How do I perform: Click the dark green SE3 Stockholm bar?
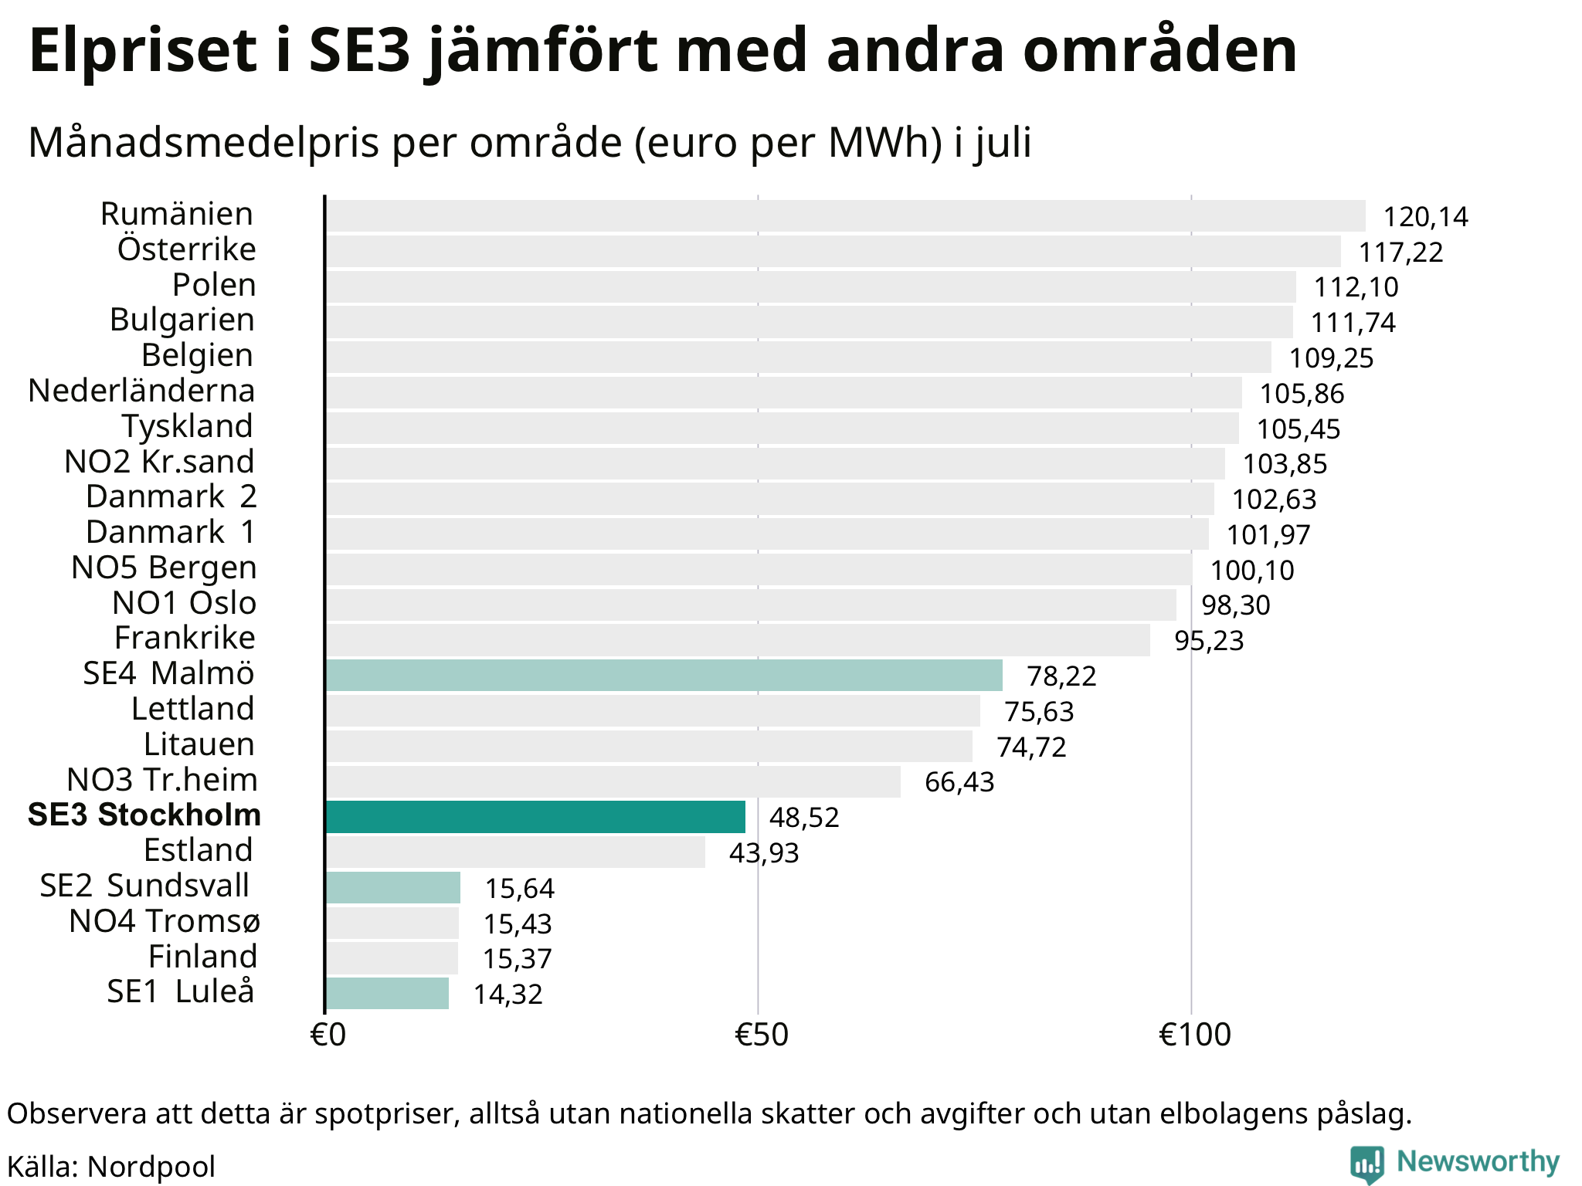click(x=535, y=816)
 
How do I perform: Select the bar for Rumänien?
click(x=846, y=215)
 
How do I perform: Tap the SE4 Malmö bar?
click(x=664, y=675)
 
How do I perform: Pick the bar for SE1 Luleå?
click(x=387, y=993)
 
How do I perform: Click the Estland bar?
click(x=515, y=852)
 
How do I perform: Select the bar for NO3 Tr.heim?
click(x=613, y=781)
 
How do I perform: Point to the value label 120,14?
click(x=1425, y=217)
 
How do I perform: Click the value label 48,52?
click(x=804, y=818)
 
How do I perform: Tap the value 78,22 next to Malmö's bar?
click(x=1061, y=676)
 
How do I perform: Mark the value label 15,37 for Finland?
click(x=518, y=959)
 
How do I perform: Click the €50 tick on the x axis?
click(x=761, y=1035)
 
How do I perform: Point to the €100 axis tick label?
click(x=1194, y=1035)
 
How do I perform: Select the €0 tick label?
click(x=328, y=1035)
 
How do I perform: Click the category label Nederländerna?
click(x=141, y=391)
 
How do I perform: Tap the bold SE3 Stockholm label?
click(x=144, y=815)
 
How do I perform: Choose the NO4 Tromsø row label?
click(x=165, y=921)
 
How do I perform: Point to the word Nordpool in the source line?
click(x=151, y=1167)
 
